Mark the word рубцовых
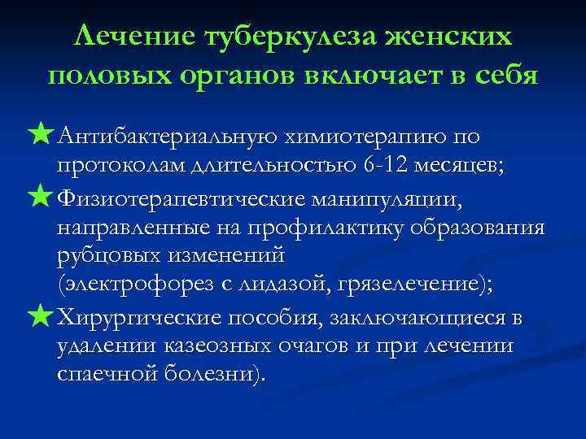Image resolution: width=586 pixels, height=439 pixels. (x=108, y=255)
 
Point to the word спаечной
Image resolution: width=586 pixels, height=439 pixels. (x=109, y=375)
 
